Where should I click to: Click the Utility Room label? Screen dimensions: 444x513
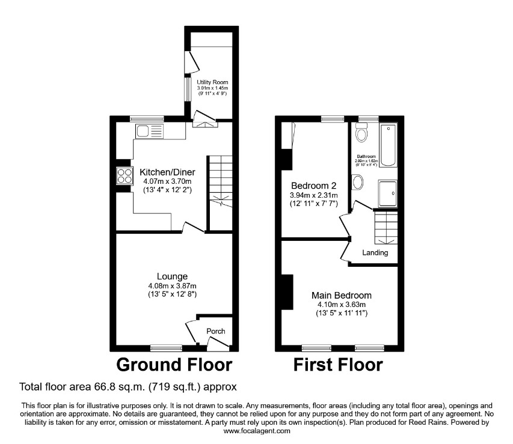pos(212,82)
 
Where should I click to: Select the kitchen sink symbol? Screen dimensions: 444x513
pos(150,130)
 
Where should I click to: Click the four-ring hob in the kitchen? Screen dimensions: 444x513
pos(125,175)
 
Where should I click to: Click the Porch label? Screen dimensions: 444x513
pos(216,331)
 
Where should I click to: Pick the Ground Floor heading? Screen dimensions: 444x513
pos(174,364)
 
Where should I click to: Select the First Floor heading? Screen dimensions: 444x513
pos(337,364)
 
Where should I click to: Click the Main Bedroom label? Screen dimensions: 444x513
pos(341,296)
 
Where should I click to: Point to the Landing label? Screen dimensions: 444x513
pos(375,253)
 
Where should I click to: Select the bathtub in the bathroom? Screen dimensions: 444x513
pos(389,145)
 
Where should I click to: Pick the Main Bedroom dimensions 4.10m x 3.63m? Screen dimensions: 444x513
pos(342,305)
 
